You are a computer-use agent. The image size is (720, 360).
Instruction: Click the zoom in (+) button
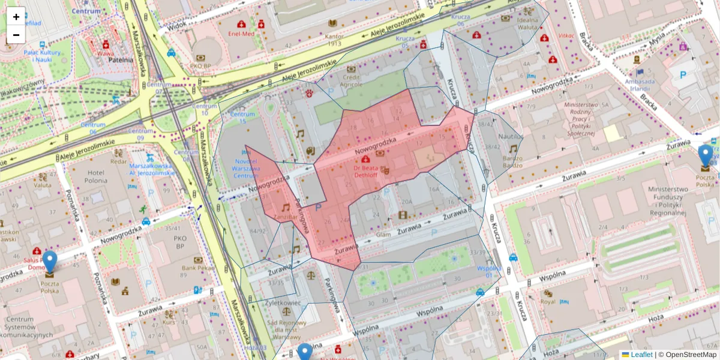tap(16, 17)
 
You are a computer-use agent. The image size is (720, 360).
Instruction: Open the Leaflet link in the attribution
tap(641, 355)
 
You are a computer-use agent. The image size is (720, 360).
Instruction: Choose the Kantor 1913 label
tap(334, 40)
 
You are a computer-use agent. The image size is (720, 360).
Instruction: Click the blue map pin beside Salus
tap(49, 262)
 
